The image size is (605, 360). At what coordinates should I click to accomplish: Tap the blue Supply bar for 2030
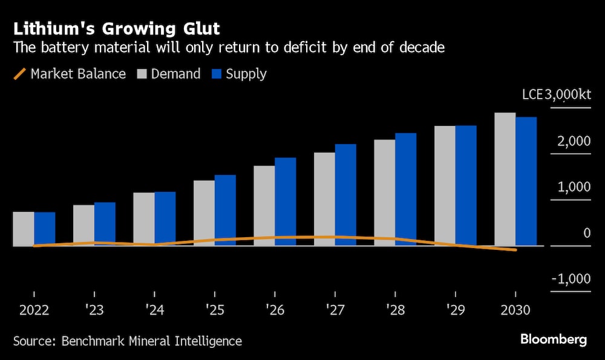tap(526, 181)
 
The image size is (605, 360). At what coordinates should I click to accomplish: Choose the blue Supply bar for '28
tap(405, 189)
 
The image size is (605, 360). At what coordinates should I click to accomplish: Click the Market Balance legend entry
tap(69, 74)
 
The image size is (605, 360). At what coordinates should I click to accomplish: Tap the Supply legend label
tap(246, 74)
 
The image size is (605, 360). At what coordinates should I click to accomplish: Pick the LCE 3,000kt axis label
tap(556, 95)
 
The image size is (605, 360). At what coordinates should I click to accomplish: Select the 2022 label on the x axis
tap(34, 310)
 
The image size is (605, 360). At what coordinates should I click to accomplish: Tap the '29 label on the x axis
tap(456, 310)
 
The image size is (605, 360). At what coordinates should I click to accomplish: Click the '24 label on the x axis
tap(154, 310)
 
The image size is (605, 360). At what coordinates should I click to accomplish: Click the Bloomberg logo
tap(553, 339)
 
